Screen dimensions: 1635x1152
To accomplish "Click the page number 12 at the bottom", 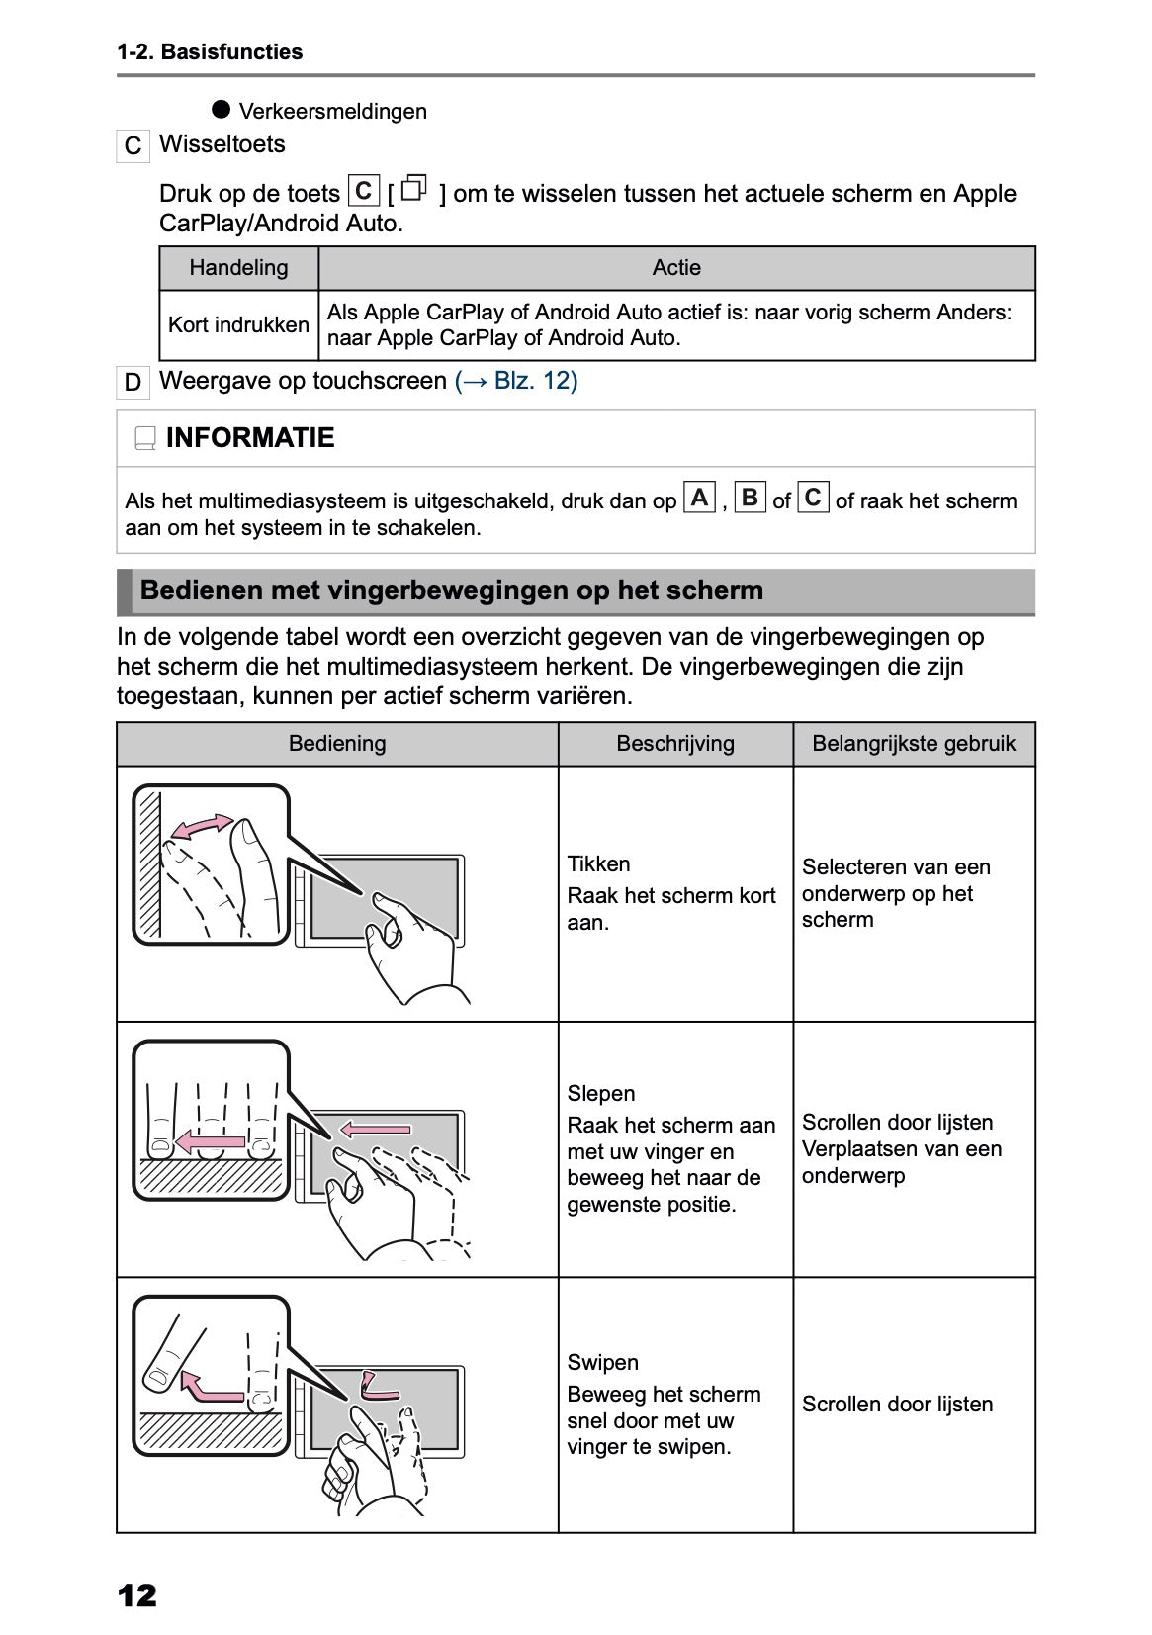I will tap(136, 1594).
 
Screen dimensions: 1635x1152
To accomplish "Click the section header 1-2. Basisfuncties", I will tap(210, 52).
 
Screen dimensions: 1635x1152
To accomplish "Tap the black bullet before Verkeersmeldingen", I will tap(221, 109).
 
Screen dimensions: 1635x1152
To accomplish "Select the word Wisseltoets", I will tap(222, 144).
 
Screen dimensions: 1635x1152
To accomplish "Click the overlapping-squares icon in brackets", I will tap(415, 188).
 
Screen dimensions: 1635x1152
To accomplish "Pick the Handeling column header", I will tap(238, 268).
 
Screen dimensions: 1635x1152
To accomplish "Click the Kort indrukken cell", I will tap(238, 324).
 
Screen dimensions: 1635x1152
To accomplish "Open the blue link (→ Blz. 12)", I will tap(515, 381).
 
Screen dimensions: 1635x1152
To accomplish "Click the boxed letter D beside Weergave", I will tap(133, 383).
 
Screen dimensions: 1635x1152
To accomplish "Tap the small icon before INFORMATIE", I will tap(144, 438).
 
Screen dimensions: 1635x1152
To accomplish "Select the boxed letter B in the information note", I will tap(750, 498).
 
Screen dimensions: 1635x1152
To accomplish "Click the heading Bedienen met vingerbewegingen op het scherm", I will tap(451, 590).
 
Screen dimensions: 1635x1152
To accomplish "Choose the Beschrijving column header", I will tap(675, 744).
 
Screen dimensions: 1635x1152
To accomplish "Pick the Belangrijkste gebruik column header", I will tap(914, 744).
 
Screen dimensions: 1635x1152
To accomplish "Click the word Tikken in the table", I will tap(598, 864).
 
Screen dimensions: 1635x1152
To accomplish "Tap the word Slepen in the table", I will tap(600, 1094).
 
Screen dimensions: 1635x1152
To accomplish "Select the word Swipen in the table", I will tap(602, 1363).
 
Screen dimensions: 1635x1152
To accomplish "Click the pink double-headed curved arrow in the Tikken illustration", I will tap(204, 826).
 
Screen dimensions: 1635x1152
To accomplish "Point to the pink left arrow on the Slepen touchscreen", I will tap(375, 1129).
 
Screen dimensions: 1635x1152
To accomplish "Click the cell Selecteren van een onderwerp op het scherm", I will tap(895, 893).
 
